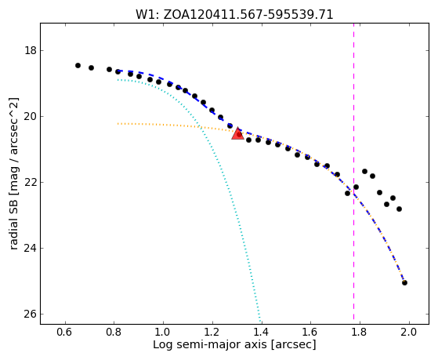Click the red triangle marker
click(237, 133)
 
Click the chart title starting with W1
click(234, 15)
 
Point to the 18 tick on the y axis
click(31, 51)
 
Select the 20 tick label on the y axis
click(31, 116)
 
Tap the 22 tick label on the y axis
click(31, 183)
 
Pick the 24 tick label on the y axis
click(31, 248)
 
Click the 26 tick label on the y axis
click(31, 315)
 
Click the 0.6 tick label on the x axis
click(65, 332)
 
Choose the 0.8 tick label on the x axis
click(114, 332)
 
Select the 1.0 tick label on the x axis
click(163, 332)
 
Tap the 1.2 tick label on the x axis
click(212, 332)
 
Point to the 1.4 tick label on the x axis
click(262, 332)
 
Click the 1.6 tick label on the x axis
click(310, 332)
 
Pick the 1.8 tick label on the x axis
click(360, 332)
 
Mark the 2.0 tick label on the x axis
click(409, 332)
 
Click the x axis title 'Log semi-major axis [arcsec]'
click(234, 344)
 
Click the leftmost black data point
click(78, 65)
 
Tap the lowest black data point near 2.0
click(404, 283)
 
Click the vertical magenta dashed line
click(353, 172)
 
